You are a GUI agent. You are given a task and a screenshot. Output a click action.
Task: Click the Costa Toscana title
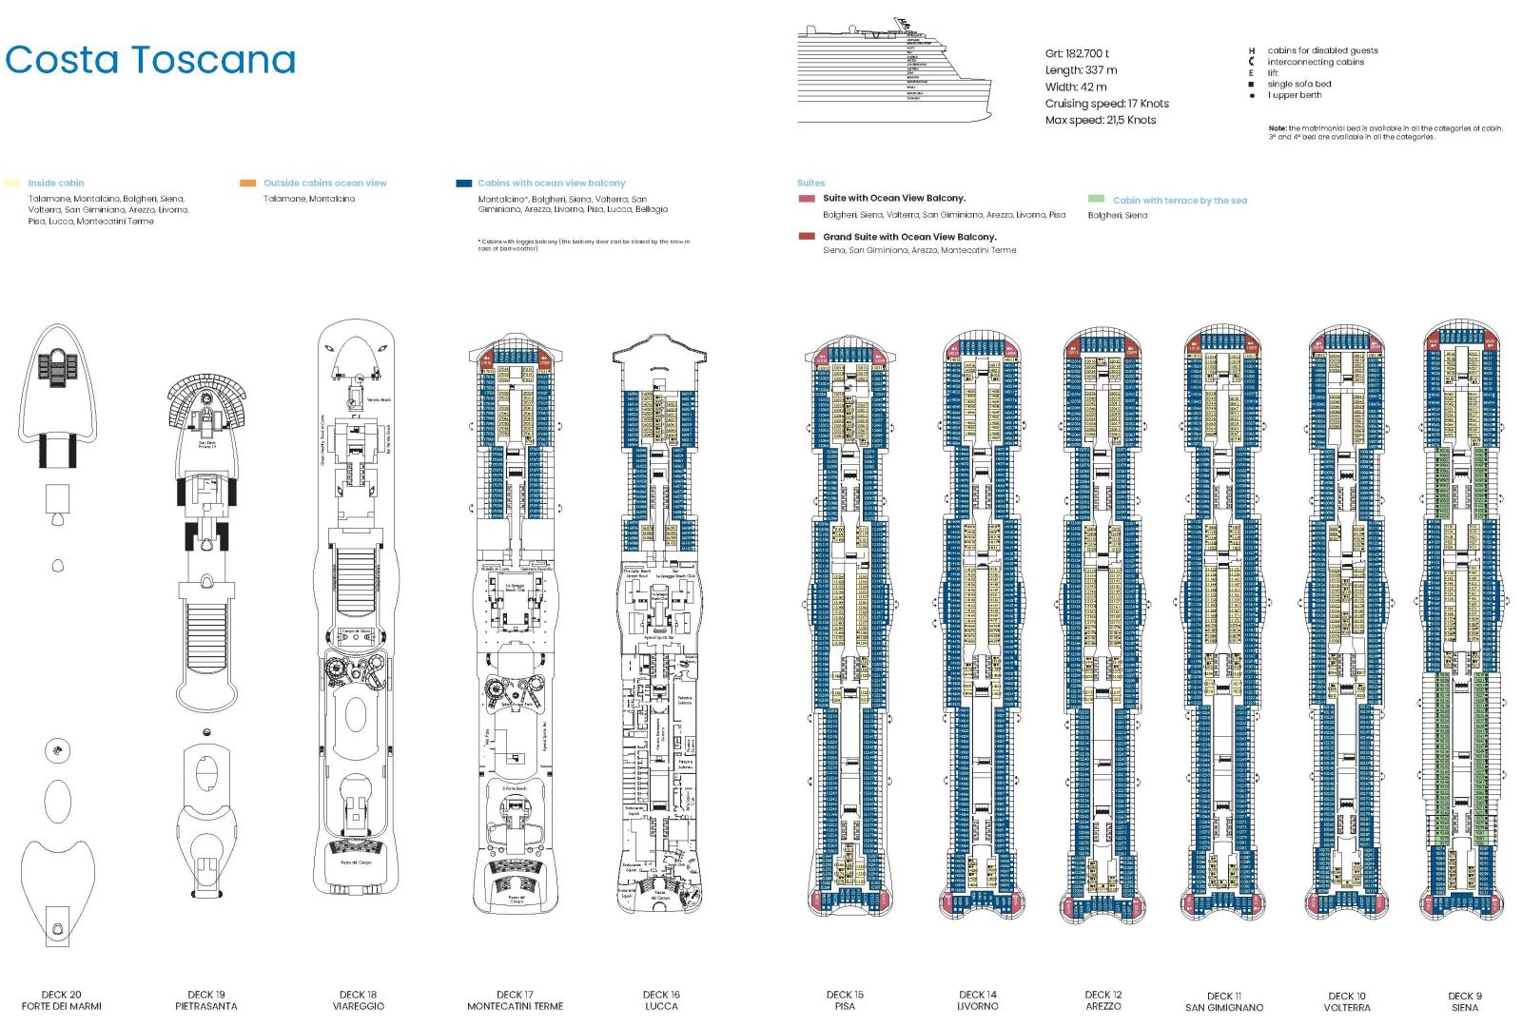(150, 60)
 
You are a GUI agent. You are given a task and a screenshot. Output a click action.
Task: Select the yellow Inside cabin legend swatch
(11, 183)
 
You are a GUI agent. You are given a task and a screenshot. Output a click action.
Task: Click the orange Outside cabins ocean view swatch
(247, 183)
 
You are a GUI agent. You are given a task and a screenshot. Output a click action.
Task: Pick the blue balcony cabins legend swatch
(463, 183)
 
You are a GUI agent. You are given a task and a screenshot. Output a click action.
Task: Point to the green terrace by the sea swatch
(1096, 199)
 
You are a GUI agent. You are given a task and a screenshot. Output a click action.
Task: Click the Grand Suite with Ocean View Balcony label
(908, 237)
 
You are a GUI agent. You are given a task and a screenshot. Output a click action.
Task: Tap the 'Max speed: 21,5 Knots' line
(1100, 120)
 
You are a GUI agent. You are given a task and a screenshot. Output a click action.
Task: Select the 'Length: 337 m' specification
(1081, 70)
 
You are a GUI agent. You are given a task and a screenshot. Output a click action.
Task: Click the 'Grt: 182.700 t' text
(1076, 53)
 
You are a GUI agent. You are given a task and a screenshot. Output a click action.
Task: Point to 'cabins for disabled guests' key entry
(1321, 50)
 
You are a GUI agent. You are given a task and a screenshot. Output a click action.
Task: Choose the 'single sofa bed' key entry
(1298, 84)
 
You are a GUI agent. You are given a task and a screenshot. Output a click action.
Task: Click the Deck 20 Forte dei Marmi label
(61, 1000)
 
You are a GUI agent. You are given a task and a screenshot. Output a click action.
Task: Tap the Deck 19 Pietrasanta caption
(206, 1000)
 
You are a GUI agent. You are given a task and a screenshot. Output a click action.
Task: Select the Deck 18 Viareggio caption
(359, 1000)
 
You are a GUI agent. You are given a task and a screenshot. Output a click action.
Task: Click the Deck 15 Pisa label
(845, 1000)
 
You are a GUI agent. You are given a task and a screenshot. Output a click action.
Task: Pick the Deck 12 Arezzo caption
(1103, 1000)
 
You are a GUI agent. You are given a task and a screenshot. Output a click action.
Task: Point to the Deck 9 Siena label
(1465, 1001)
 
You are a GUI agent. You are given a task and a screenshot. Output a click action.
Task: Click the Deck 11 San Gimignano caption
(1224, 1001)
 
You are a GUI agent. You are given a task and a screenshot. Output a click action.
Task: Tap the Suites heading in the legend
(810, 183)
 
